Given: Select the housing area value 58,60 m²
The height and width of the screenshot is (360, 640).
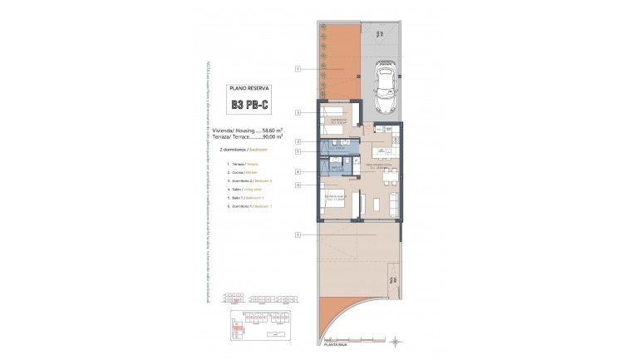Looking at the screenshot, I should (x=273, y=131).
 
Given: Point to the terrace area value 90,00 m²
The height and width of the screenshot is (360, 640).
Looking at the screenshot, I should (x=273, y=137).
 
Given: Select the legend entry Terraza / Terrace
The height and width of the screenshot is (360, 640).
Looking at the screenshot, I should (x=242, y=165).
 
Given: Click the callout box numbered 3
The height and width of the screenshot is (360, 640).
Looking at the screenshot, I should (x=297, y=112).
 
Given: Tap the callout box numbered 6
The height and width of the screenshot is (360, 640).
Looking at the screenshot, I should (x=297, y=185).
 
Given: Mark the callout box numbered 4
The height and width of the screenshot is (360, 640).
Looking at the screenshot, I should (x=297, y=172).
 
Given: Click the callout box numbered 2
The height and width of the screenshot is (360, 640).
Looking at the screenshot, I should (x=297, y=142).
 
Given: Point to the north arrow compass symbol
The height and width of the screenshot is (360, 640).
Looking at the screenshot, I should (x=396, y=341).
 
